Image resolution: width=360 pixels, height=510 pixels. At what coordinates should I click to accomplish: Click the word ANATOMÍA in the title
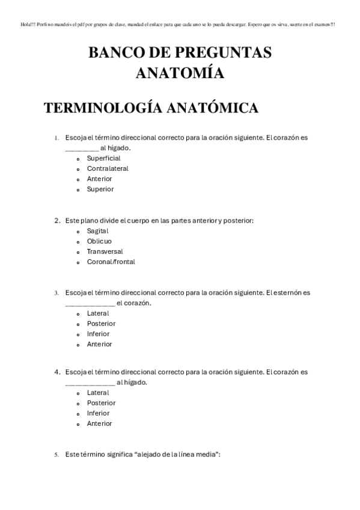point(180,73)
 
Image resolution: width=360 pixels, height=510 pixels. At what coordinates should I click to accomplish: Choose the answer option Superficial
point(103,158)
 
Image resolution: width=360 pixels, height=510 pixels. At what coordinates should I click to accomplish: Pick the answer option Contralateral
point(108,168)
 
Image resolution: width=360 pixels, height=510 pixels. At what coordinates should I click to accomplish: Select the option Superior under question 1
point(100,189)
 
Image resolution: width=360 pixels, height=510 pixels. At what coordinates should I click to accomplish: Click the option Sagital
point(97,231)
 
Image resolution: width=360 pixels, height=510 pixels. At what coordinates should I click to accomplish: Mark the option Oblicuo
point(99,241)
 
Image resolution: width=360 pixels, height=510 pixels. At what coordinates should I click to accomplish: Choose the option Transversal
point(105,251)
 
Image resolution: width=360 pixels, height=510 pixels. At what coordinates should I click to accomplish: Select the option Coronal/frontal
point(111,262)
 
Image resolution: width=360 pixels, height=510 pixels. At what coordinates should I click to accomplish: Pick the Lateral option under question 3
point(97,313)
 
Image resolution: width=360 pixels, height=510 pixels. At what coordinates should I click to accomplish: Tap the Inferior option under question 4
point(98,413)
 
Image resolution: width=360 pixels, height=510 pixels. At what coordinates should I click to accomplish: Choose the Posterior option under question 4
point(101,403)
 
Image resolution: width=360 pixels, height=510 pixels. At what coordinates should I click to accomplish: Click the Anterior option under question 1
point(99,179)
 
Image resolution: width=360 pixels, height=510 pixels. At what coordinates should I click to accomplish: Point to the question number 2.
point(56,221)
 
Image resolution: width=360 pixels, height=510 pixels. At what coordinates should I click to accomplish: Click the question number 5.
point(56,455)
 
